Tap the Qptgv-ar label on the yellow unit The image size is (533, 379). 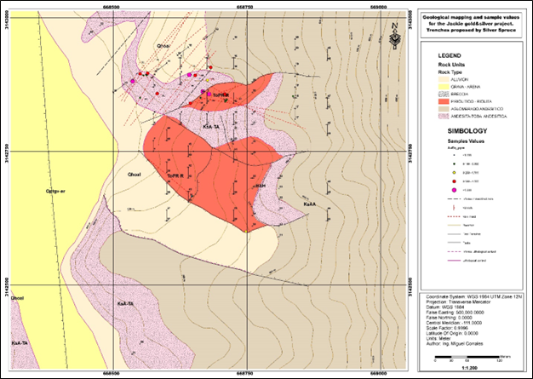[x=57, y=190]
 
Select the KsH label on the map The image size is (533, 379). [x=261, y=185]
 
